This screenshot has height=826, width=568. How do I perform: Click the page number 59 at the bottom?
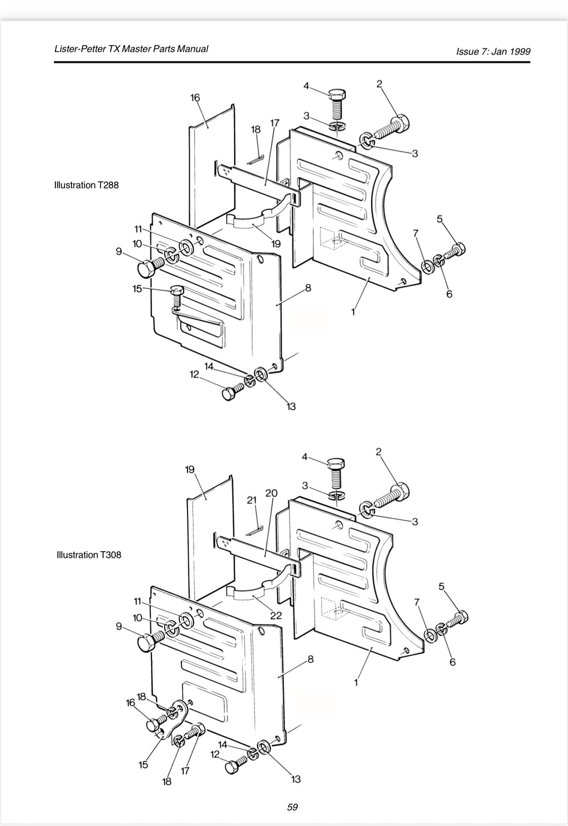292,807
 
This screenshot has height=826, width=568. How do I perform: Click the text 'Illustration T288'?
87,185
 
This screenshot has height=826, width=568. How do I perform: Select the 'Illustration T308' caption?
89,554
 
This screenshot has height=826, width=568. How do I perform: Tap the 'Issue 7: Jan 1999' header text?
493,51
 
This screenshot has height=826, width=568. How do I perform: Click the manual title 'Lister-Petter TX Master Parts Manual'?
131,49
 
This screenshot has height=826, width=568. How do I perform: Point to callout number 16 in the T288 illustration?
195,98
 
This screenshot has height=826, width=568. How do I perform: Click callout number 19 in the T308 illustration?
190,470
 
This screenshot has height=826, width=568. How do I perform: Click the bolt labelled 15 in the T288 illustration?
176,297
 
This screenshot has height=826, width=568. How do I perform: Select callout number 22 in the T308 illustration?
276,615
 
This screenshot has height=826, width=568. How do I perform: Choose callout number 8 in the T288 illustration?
308,288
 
